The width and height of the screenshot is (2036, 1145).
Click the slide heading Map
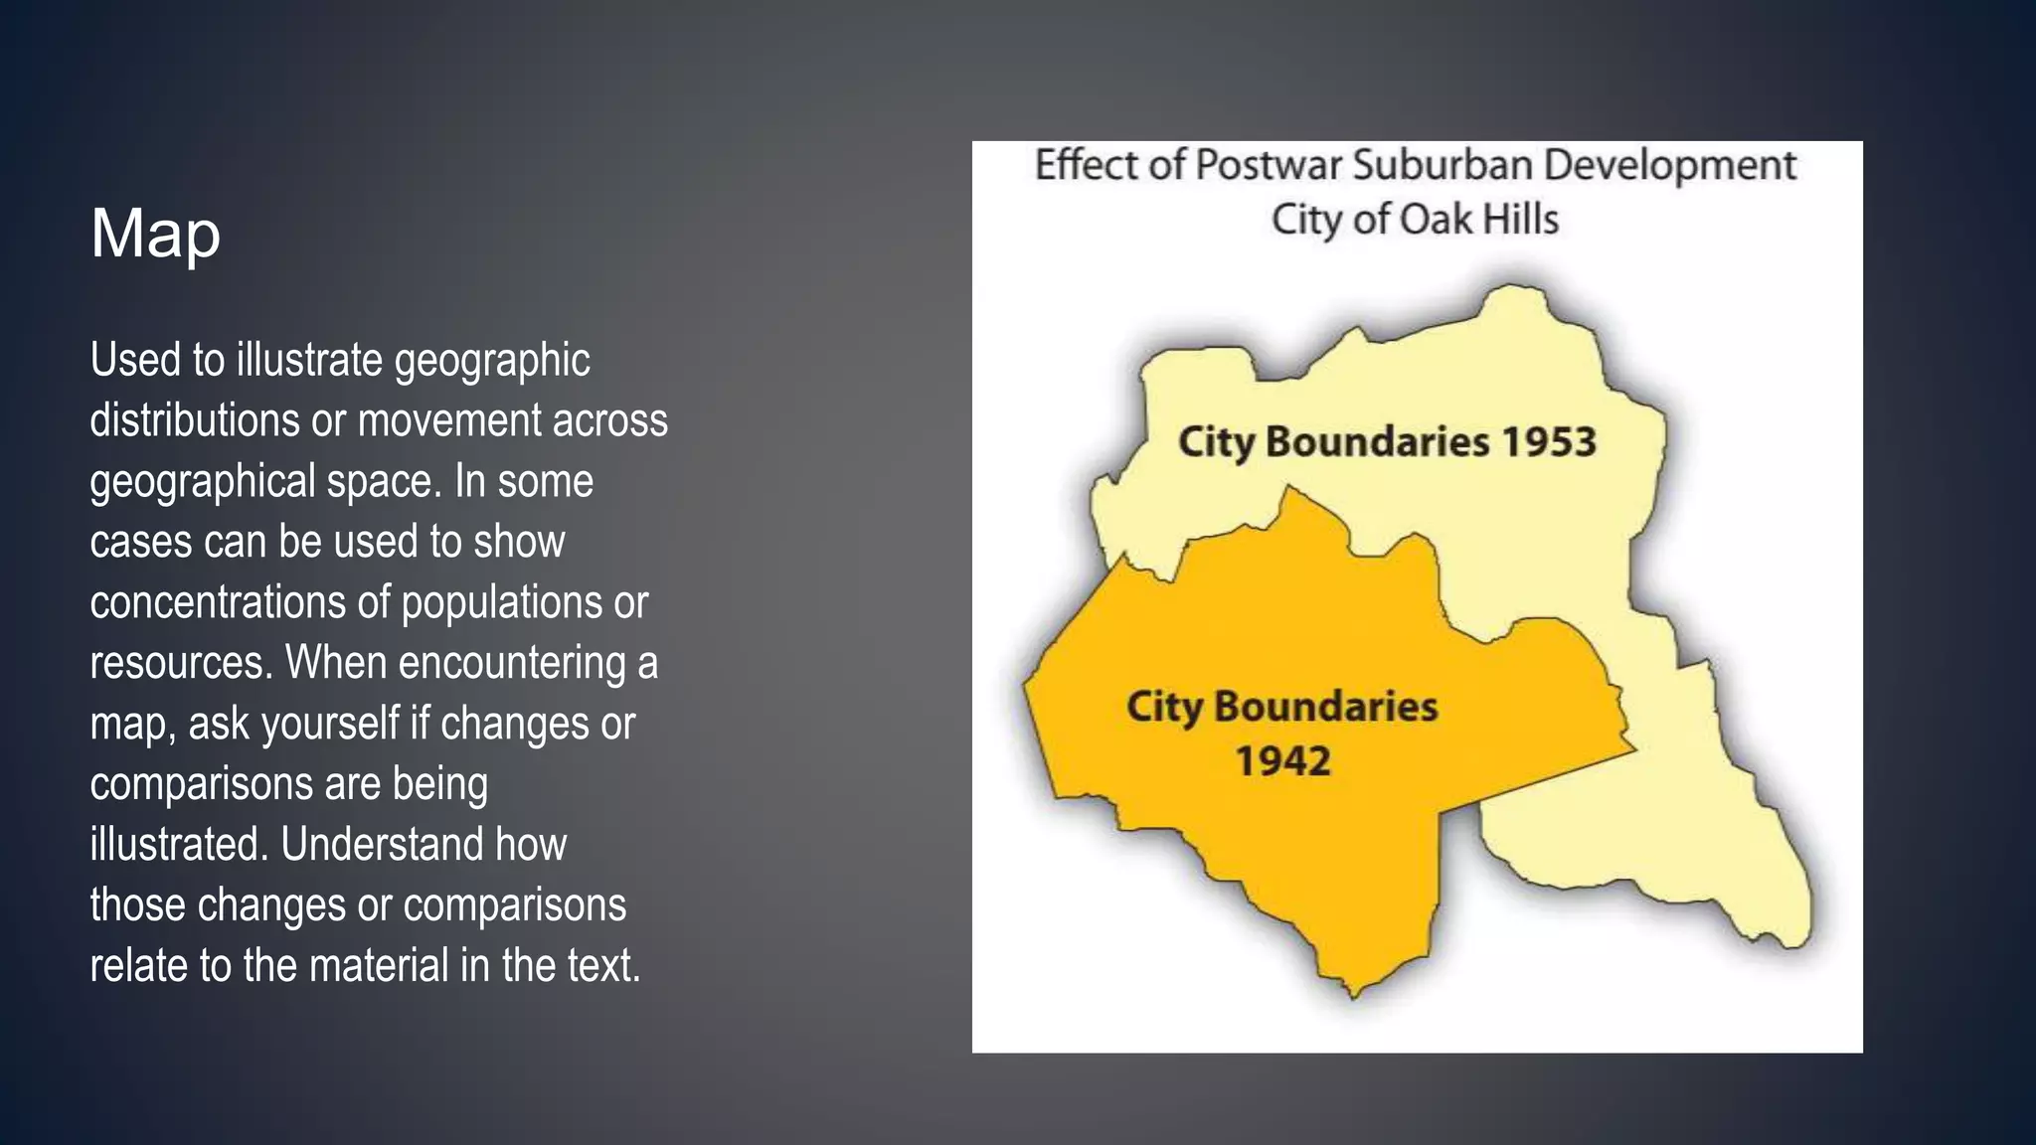(x=155, y=235)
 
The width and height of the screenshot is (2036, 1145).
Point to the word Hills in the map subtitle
(x=1520, y=220)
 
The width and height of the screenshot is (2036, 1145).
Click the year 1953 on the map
(x=1547, y=442)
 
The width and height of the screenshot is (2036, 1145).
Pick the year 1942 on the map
(x=1282, y=761)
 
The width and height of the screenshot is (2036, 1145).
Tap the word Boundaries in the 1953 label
(x=1377, y=442)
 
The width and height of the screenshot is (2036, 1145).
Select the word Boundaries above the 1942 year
(x=1325, y=707)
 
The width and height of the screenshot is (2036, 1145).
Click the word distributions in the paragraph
(x=194, y=420)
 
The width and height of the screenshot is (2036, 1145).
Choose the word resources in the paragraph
(x=179, y=663)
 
